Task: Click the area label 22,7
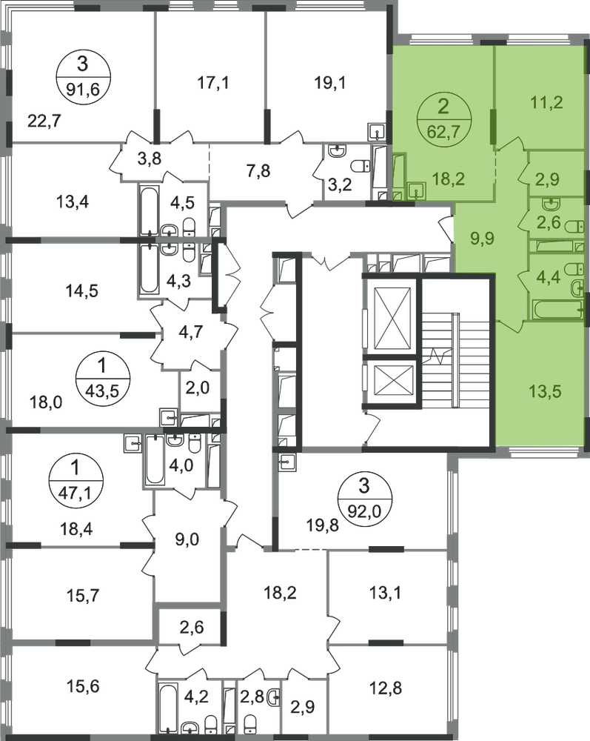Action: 44,122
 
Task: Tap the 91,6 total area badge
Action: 83,76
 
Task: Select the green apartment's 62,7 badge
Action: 443,119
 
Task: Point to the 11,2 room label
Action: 546,102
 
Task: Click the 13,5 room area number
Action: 546,391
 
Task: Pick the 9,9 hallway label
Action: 483,238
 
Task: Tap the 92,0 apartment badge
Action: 365,497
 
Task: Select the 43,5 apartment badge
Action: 102,378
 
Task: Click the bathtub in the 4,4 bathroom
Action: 557,310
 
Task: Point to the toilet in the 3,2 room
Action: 361,166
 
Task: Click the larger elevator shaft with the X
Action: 392,318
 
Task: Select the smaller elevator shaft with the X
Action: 392,380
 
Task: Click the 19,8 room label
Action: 323,525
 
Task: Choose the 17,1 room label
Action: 213,83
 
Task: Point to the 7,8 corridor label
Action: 258,170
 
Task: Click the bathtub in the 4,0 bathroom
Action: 155,459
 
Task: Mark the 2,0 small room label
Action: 198,388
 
